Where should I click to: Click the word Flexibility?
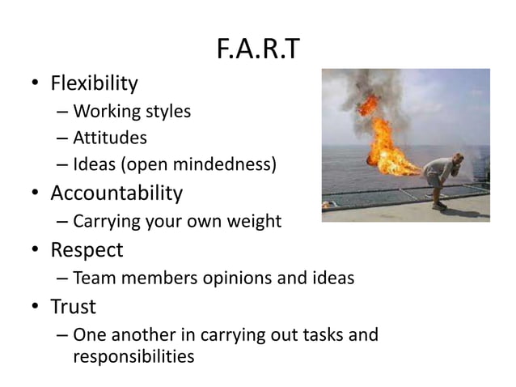click(x=94, y=83)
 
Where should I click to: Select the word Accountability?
click(x=116, y=194)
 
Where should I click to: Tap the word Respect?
click(x=87, y=249)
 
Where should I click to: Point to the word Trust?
click(x=73, y=307)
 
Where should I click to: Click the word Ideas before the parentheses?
click(x=93, y=166)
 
